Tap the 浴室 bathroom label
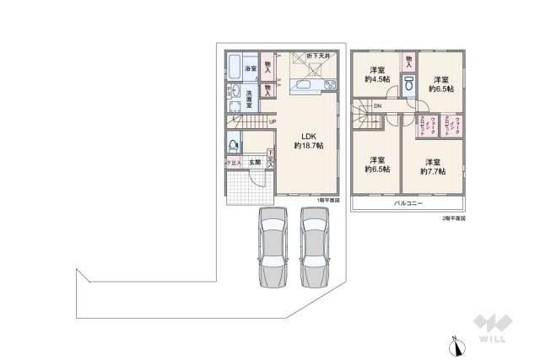coord(251,68)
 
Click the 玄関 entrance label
coord(254,161)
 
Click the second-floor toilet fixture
coord(408,84)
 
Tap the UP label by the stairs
coord(272,122)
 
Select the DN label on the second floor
coord(377,106)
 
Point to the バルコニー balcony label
coord(408,204)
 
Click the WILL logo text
coord(491,340)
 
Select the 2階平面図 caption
coord(453,218)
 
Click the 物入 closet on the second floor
coord(408,61)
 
